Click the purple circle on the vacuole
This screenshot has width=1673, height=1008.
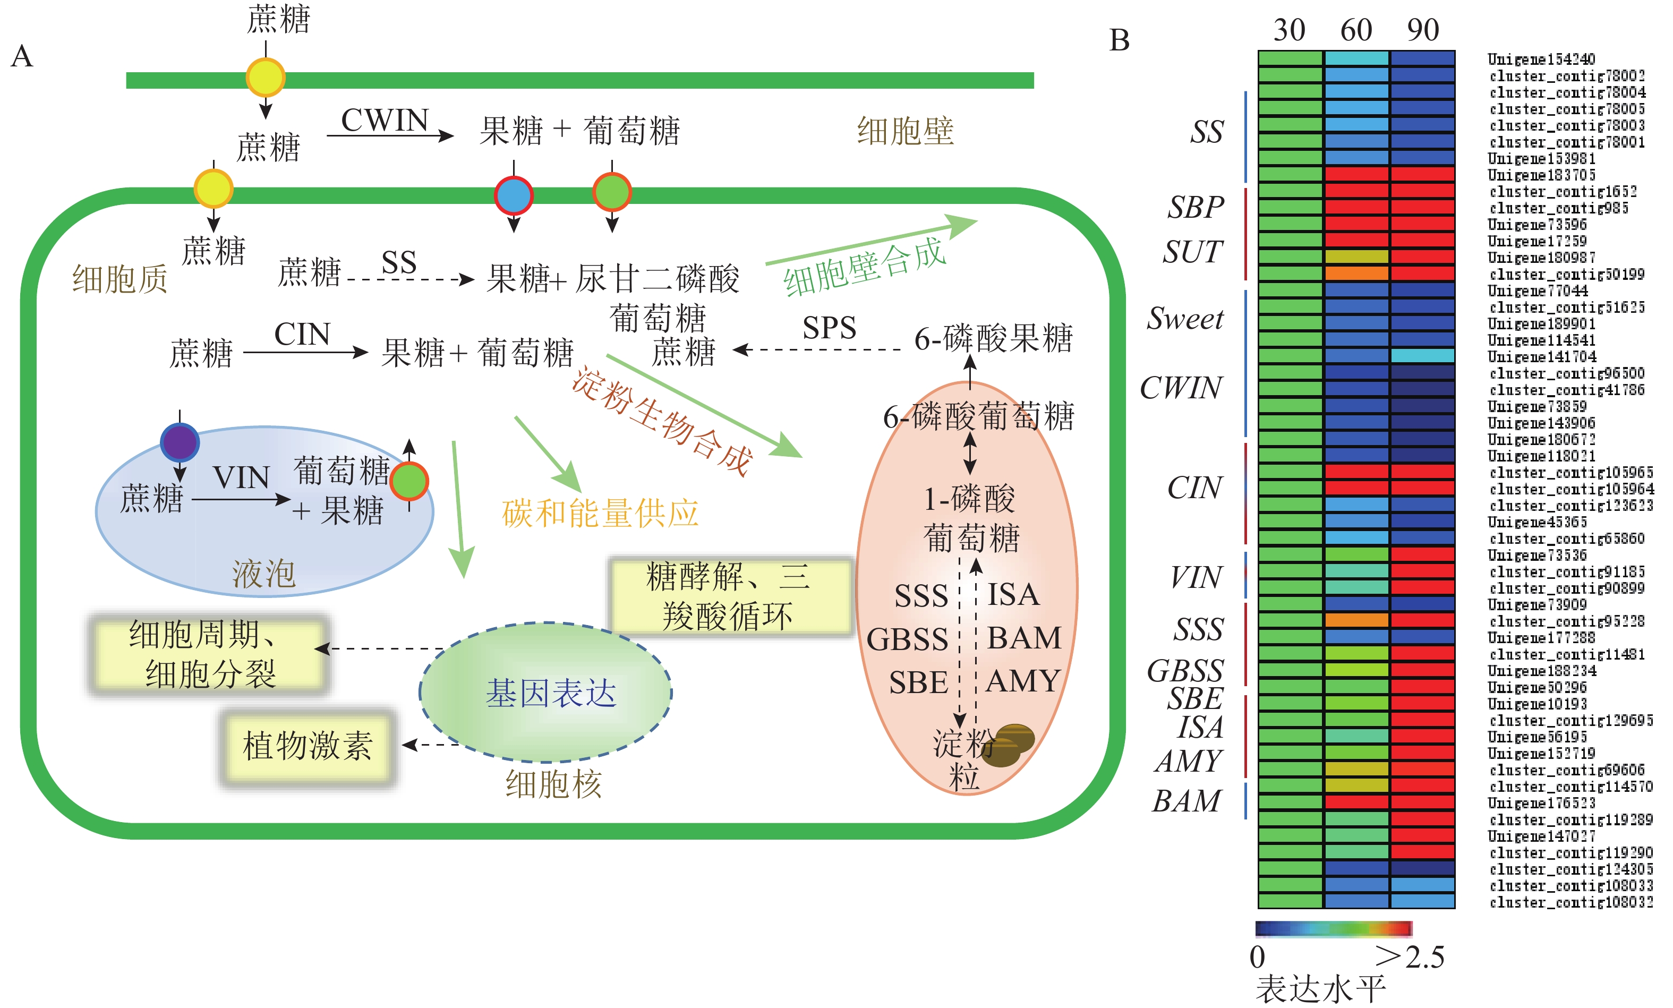pos(180,442)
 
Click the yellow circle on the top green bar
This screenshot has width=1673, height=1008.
pos(265,78)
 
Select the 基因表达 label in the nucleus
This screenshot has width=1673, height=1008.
pos(551,694)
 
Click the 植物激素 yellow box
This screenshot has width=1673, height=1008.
pos(308,746)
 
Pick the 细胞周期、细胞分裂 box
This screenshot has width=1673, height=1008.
pos(210,654)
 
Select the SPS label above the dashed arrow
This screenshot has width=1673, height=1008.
pos(829,328)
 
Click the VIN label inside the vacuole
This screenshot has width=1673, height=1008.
pos(241,477)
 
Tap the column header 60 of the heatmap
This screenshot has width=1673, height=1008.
pos(1356,31)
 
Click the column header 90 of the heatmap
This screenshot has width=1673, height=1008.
pos(1422,31)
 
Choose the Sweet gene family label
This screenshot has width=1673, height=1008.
pos(1185,318)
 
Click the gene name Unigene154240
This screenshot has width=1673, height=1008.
pos(1541,59)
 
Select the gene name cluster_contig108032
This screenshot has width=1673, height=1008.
pos(1570,902)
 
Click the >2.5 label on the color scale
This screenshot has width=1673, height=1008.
pos(1410,957)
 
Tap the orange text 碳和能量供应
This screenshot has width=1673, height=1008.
pos(600,513)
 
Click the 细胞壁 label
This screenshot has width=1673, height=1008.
pos(905,131)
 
